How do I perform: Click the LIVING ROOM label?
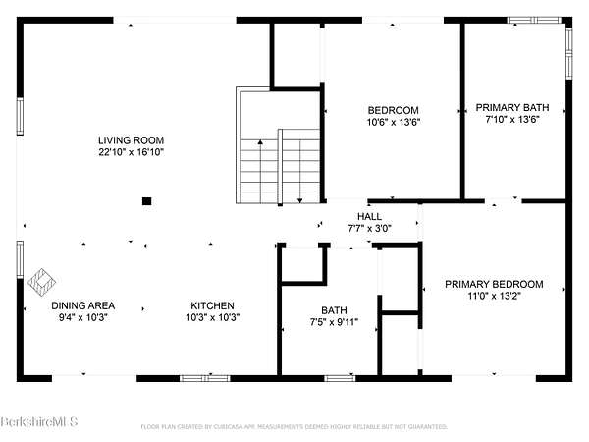pyautogui.click(x=132, y=140)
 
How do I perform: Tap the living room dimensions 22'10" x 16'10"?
pyautogui.click(x=132, y=152)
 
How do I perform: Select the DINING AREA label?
pyautogui.click(x=83, y=305)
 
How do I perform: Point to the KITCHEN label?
pyautogui.click(x=212, y=305)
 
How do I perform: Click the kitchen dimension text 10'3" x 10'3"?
pyautogui.click(x=213, y=317)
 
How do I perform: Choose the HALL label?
pyautogui.click(x=369, y=216)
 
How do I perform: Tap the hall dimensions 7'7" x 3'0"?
pyautogui.click(x=370, y=228)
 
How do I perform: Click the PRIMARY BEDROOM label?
pyautogui.click(x=494, y=284)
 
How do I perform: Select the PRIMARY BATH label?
pyautogui.click(x=512, y=107)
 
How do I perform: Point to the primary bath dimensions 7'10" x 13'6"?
pyautogui.click(x=512, y=120)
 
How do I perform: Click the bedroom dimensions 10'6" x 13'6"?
pyautogui.click(x=394, y=122)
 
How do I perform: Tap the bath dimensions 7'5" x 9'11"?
pyautogui.click(x=334, y=322)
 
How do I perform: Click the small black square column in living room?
pyautogui.click(x=147, y=201)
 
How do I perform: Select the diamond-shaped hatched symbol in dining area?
pyautogui.click(x=41, y=282)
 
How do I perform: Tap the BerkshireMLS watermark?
pyautogui.click(x=39, y=421)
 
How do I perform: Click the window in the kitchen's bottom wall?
pyautogui.click(x=205, y=378)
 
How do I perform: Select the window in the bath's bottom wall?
pyautogui.click(x=340, y=378)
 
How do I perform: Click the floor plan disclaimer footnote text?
pyautogui.click(x=294, y=427)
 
